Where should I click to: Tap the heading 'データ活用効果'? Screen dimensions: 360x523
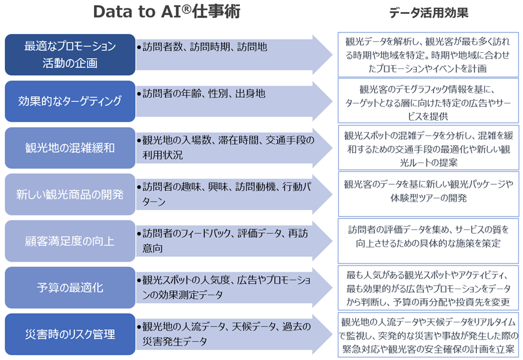[428, 13]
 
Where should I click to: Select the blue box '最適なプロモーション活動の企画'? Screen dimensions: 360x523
[70, 54]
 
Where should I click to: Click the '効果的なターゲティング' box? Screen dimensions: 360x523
[70, 101]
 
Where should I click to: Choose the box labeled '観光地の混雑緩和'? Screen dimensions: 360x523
[70, 148]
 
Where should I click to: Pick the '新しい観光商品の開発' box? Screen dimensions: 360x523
[70, 194]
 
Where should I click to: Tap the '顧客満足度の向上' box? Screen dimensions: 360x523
[70, 241]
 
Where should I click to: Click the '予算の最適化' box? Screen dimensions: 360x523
[70, 287]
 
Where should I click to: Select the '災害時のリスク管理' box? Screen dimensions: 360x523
[70, 334]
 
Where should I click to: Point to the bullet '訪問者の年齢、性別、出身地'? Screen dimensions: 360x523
[204, 94]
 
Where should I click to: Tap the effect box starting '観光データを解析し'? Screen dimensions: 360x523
[428, 54]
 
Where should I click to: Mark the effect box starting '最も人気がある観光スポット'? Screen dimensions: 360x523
[428, 287]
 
